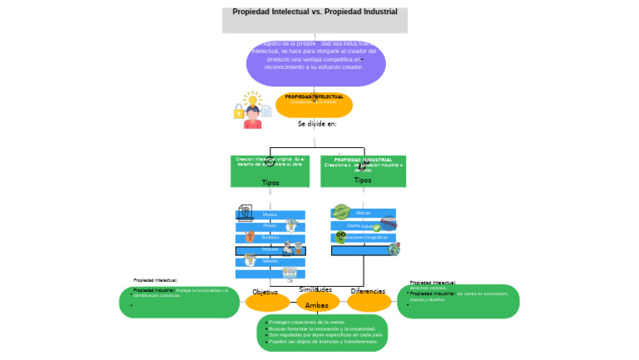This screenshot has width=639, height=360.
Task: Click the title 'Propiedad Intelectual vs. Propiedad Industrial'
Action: [x=315, y=12]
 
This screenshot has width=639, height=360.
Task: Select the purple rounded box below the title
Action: [x=315, y=62]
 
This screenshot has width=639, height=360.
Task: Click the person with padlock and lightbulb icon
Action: [x=251, y=111]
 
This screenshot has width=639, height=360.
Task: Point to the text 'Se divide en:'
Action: [x=317, y=124]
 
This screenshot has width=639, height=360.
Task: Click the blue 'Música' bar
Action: [x=270, y=215]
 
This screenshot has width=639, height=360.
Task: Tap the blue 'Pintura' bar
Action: [x=270, y=226]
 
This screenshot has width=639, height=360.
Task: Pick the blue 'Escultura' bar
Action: [x=270, y=238]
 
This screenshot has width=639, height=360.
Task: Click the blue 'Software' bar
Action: [x=270, y=262]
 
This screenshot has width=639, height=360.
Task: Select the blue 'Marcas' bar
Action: [x=364, y=214]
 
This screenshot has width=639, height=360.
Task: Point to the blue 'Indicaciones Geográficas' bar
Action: [x=364, y=238]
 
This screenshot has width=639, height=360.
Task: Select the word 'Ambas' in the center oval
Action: [x=317, y=305]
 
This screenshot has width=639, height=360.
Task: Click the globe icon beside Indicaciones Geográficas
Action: [x=394, y=249]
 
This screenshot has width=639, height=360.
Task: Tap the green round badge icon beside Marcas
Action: [x=341, y=211]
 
